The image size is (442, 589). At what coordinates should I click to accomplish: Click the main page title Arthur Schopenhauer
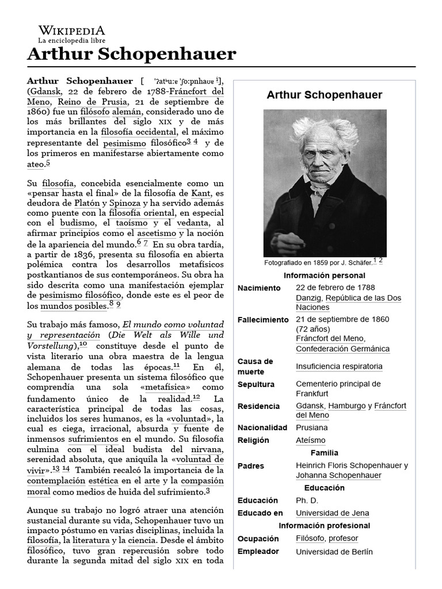click(132, 54)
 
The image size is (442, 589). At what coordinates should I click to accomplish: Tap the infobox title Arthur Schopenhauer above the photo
click(325, 95)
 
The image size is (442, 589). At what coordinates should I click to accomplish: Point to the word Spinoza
click(125, 203)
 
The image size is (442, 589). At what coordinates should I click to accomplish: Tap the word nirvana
click(207, 449)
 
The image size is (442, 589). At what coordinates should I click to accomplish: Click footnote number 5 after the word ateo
click(48, 163)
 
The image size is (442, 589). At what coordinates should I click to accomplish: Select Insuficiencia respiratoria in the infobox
click(339, 366)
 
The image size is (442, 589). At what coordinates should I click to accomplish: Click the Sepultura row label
click(256, 384)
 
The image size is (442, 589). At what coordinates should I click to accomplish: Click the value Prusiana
click(312, 427)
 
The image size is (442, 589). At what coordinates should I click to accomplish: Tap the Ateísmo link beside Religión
click(311, 440)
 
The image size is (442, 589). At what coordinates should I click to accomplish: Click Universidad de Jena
click(333, 513)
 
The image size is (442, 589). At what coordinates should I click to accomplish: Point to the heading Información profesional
click(325, 526)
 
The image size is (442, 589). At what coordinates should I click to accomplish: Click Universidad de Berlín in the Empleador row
click(334, 552)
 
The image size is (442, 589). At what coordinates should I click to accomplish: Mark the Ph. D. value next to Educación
click(307, 500)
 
